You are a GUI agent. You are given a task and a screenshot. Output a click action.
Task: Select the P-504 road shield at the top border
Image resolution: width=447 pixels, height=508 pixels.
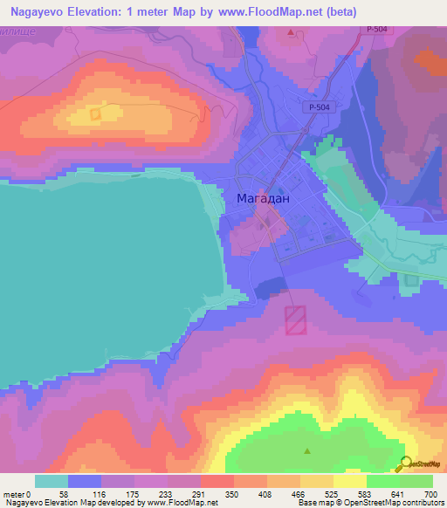tap(375, 30)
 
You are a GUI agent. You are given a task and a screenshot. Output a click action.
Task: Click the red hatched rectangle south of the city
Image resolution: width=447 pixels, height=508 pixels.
tap(296, 319)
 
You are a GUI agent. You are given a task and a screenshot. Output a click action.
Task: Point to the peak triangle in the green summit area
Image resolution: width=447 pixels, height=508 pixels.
tap(307, 451)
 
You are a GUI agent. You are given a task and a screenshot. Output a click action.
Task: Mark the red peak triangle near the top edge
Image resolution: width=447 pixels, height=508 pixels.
tap(291, 32)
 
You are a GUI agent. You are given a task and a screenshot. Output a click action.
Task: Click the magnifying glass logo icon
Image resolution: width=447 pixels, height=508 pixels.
tap(404, 463)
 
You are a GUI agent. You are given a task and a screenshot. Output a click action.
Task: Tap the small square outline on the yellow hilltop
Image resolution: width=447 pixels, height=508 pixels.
tap(95, 113)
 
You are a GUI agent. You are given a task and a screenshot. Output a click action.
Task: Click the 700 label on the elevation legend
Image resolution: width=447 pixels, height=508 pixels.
tap(430, 494)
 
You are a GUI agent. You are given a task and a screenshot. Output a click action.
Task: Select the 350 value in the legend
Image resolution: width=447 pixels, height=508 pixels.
tap(231, 494)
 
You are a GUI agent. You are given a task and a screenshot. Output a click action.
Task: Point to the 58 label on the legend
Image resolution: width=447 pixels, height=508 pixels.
tap(64, 494)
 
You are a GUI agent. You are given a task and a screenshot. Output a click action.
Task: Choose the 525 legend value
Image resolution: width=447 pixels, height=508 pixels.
tap(333, 494)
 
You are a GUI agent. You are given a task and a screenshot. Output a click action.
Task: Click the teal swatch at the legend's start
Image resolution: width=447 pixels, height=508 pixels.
tap(52, 481)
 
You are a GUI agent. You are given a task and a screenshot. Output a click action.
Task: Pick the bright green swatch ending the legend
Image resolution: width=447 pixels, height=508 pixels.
tap(416, 481)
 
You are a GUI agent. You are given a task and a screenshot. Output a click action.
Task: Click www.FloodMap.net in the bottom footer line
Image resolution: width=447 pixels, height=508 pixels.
tap(182, 504)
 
